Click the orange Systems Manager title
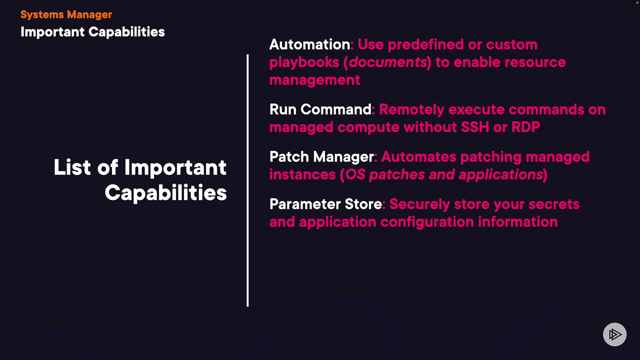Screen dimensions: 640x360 (x=66, y=15)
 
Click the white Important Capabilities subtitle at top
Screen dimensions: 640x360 (x=93, y=32)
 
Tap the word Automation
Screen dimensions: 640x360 (x=309, y=44)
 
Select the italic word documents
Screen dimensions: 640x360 (x=388, y=62)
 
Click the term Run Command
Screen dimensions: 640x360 (x=320, y=109)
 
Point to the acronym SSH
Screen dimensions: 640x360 (x=475, y=127)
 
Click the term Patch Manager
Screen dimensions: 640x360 (x=321, y=157)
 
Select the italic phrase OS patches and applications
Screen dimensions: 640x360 (x=444, y=175)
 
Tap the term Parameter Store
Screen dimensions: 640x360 (x=325, y=204)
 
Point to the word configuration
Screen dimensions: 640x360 (x=427, y=222)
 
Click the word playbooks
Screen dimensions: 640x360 (x=304, y=62)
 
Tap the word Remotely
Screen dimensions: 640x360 (x=411, y=109)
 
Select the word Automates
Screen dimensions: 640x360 (x=418, y=157)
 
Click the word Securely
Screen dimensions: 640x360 (x=419, y=204)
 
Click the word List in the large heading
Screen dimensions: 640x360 (x=72, y=167)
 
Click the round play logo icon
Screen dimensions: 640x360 (x=615, y=334)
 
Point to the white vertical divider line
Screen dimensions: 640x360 (x=248, y=180)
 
